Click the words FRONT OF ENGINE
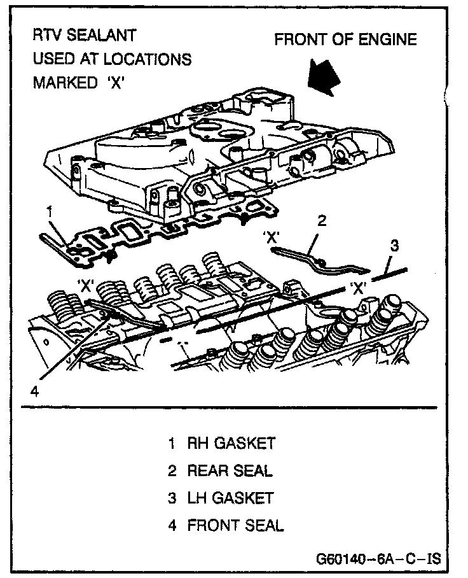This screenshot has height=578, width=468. [345, 40]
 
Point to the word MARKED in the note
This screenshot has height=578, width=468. [61, 84]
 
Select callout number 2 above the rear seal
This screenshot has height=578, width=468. [322, 221]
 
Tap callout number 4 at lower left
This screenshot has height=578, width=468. [35, 391]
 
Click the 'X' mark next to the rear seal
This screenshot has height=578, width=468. [272, 237]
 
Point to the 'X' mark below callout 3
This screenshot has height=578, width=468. [359, 288]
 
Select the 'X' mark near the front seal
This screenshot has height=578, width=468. [86, 285]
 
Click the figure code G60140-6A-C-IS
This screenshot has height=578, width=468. [378, 560]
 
